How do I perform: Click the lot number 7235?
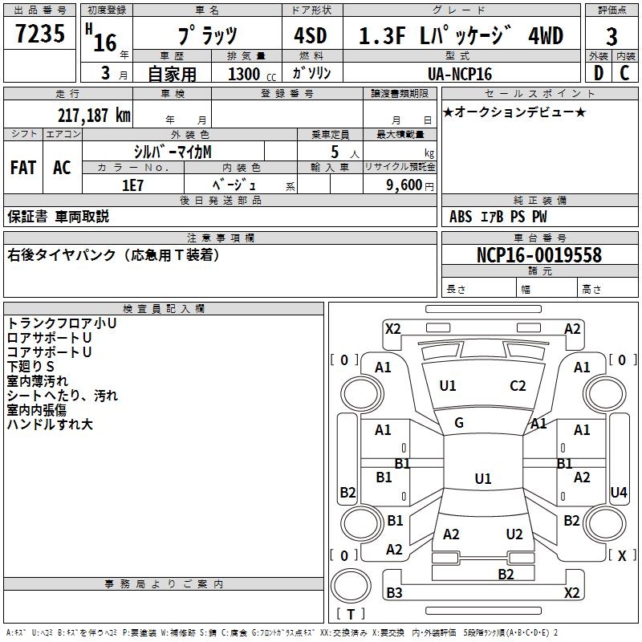pyautogui.click(x=40, y=34)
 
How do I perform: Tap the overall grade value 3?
pyautogui.click(x=612, y=37)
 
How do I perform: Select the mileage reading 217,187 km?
pyautogui.click(x=94, y=116)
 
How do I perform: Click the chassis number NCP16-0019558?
pyautogui.click(x=539, y=255)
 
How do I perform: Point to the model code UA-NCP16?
pyautogui.click(x=460, y=74)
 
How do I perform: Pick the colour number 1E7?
pyautogui.click(x=132, y=185)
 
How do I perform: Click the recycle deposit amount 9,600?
pyautogui.click(x=404, y=185)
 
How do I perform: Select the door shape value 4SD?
pyautogui.click(x=311, y=36)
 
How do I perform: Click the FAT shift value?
pyautogui.click(x=23, y=168)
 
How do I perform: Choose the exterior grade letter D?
pyautogui.click(x=599, y=73)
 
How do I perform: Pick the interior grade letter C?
pyautogui.click(x=624, y=73)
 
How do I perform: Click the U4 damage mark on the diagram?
pyautogui.click(x=618, y=492)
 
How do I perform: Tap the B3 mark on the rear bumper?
pyautogui.click(x=394, y=592)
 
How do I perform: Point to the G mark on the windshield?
pyautogui.click(x=459, y=423)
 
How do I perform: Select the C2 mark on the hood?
pyautogui.click(x=518, y=386)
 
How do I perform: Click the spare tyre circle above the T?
pyautogui.click(x=351, y=585)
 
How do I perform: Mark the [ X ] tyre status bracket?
pyautogui.click(x=623, y=555)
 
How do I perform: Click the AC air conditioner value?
pyautogui.click(x=62, y=168)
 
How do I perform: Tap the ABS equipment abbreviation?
pyautogui.click(x=461, y=217)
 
